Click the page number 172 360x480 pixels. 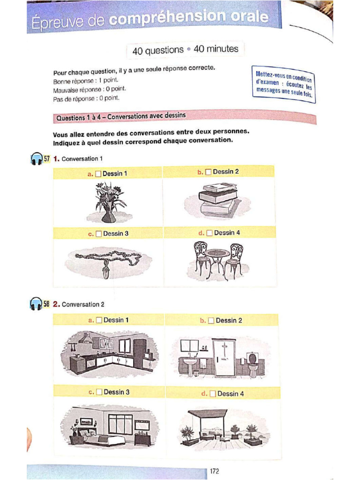[x=215, y=471]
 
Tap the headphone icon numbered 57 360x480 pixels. [x=36, y=159]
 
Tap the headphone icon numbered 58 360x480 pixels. [x=36, y=304]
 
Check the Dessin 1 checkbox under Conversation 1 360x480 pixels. [x=98, y=174]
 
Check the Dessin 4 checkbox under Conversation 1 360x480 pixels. [x=209, y=233]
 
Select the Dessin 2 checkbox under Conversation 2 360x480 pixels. [x=211, y=321]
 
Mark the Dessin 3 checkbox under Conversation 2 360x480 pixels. [x=98, y=392]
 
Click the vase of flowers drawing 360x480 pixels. [x=109, y=202]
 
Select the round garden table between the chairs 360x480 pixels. [x=217, y=255]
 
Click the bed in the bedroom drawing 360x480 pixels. [x=107, y=438]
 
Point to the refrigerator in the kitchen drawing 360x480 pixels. [x=140, y=352]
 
